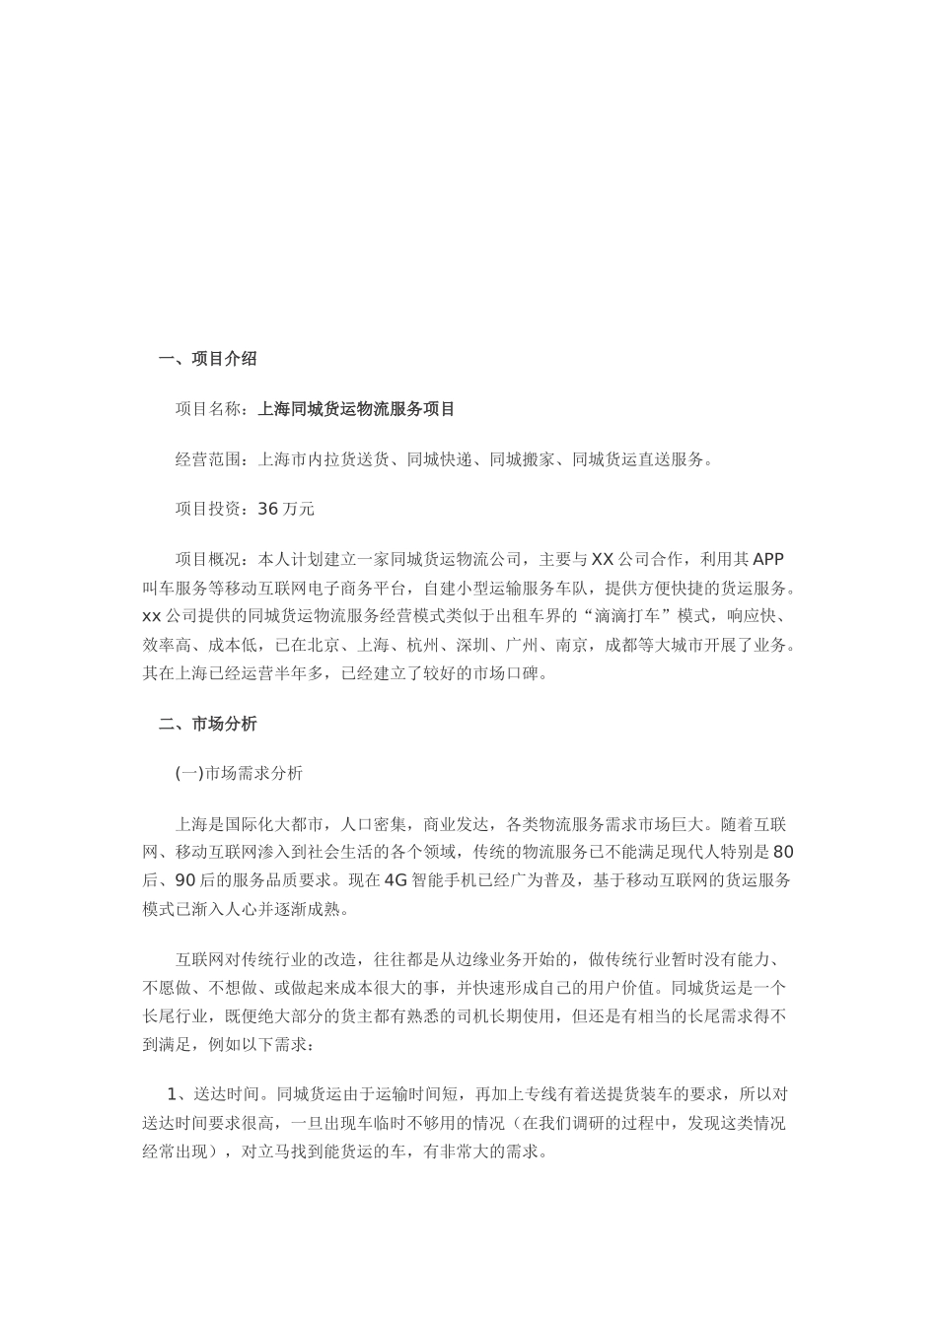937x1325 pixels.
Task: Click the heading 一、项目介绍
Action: [x=208, y=359]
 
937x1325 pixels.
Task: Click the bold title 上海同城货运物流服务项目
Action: [x=356, y=408]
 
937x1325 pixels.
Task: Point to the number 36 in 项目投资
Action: [x=268, y=510]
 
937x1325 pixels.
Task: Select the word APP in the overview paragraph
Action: [x=768, y=560]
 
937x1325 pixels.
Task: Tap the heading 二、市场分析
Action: [x=208, y=724]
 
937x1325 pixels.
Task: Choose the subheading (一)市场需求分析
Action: [x=239, y=774]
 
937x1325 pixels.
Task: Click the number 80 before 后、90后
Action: [x=783, y=852]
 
